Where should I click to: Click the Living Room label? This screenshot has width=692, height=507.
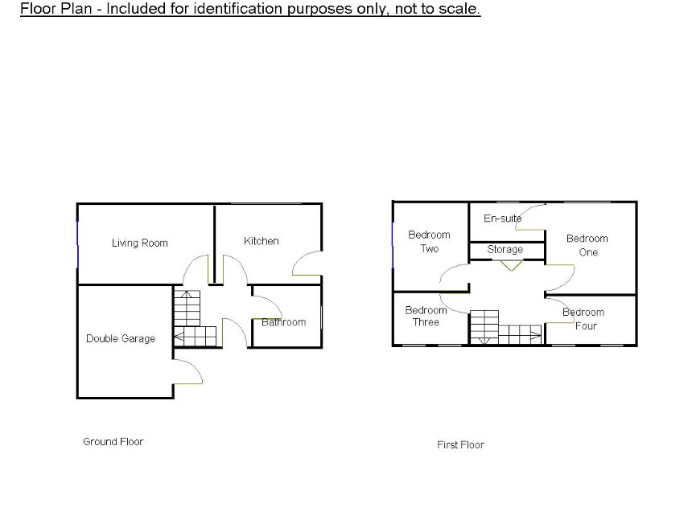click(139, 243)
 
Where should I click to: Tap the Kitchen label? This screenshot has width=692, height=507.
click(262, 241)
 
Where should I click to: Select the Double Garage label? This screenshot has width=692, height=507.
click(121, 338)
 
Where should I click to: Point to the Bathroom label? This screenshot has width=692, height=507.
click(283, 322)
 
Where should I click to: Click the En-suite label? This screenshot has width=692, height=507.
click(502, 219)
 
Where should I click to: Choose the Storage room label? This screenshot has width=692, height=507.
click(505, 249)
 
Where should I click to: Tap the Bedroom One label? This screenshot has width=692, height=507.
click(587, 245)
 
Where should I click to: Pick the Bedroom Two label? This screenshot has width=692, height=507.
click(429, 242)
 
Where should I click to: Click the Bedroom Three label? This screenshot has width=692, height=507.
click(426, 316)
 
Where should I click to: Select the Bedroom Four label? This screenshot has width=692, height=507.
click(583, 319)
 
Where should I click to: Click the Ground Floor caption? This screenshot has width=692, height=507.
click(113, 442)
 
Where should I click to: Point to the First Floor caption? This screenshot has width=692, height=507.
click(460, 445)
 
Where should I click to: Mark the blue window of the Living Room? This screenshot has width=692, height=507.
click(78, 244)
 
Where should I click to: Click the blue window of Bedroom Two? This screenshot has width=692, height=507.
click(393, 245)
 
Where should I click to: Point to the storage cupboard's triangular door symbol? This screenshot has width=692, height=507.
click(511, 265)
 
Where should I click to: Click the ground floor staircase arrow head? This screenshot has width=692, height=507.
click(179, 337)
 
